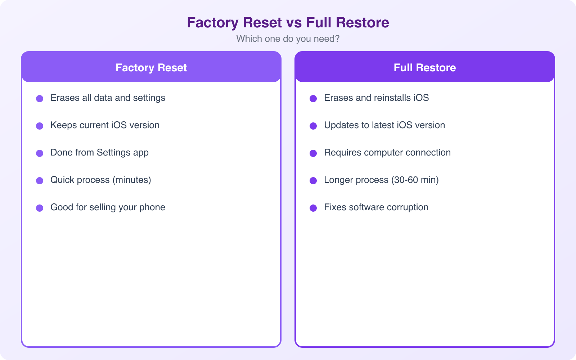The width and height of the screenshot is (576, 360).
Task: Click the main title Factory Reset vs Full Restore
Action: [288, 22]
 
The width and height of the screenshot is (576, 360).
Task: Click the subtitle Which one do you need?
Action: [288, 39]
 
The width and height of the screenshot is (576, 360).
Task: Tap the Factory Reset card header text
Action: [151, 68]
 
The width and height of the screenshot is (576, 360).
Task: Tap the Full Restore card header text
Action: [424, 68]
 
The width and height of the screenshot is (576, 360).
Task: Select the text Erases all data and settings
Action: [108, 98]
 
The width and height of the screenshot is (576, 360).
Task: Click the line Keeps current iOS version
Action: [105, 125]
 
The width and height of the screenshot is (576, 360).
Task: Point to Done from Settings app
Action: [99, 153]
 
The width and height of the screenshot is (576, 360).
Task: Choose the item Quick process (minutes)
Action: [100, 180]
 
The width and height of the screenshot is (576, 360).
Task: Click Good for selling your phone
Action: [108, 207]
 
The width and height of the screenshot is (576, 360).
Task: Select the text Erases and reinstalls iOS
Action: [376, 98]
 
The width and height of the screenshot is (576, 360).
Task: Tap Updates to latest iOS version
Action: [384, 125]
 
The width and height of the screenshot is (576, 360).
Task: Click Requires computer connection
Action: [387, 153]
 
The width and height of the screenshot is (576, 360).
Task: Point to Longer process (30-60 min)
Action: [381, 180]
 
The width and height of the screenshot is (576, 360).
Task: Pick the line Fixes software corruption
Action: [376, 207]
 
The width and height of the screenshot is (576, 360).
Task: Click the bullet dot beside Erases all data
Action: [40, 99]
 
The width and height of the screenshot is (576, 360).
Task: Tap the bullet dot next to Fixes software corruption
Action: [313, 208]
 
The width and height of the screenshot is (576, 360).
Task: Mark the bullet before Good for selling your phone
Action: [40, 208]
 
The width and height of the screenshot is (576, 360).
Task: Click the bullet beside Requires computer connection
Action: [313, 153]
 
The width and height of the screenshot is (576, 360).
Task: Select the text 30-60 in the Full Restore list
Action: [406, 180]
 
